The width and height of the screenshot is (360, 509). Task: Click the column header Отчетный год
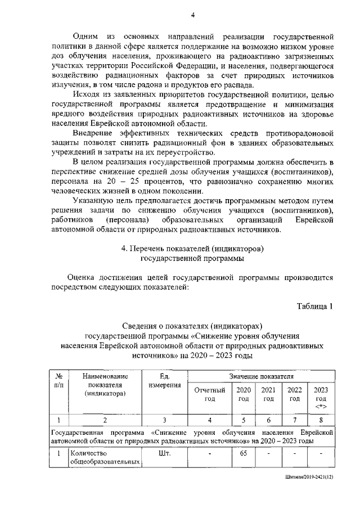pyautogui.click(x=209, y=394)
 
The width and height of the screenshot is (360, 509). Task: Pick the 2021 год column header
pyautogui.click(x=268, y=394)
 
